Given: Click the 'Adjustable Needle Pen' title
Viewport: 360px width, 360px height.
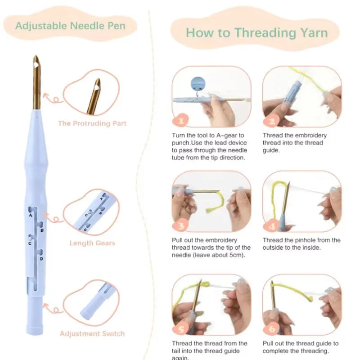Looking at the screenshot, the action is (x=70, y=26).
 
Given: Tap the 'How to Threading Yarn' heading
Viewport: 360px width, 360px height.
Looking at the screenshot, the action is (x=256, y=33).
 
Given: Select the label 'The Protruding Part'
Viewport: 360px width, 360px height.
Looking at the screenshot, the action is (x=92, y=123).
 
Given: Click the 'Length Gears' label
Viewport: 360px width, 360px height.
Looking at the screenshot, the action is (x=92, y=243).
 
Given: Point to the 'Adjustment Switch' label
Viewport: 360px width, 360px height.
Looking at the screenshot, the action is (x=92, y=333).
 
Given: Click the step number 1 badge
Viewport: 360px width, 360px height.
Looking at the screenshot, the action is (x=181, y=120).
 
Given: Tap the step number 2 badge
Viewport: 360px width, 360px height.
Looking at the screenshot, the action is (x=272, y=121).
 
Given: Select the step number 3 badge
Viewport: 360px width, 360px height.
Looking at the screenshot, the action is (x=181, y=226).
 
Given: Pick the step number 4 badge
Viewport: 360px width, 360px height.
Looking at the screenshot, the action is (x=272, y=226).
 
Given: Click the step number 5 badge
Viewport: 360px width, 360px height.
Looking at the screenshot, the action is (x=181, y=329).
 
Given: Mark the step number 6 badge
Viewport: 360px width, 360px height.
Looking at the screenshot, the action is (x=272, y=329).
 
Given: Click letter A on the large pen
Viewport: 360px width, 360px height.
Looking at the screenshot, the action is (x=31, y=216).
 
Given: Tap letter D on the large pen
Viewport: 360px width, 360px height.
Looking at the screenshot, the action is (x=41, y=259).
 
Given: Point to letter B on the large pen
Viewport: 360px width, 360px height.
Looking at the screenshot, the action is (x=42, y=230).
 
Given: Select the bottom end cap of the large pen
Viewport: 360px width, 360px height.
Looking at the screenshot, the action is (x=35, y=329).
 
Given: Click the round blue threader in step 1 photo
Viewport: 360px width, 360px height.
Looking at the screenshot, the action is (x=198, y=84).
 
